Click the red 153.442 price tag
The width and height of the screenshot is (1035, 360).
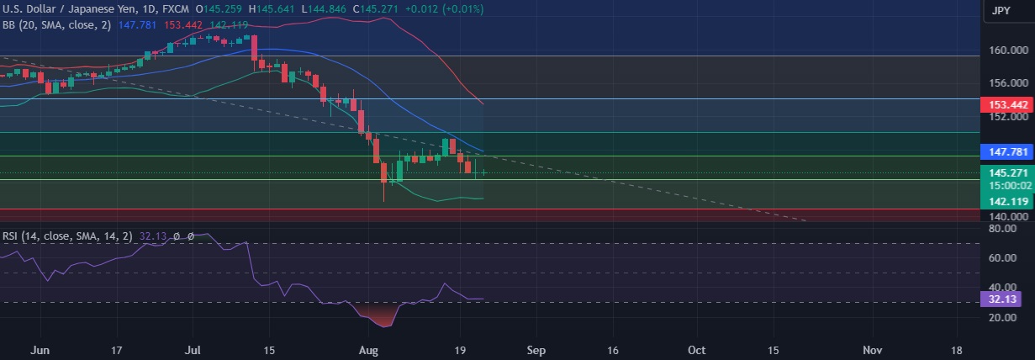point(1006,104)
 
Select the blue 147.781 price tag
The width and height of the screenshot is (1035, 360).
point(1006,152)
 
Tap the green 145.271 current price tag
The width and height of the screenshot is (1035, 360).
point(1006,172)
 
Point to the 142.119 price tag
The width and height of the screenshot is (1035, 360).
point(1006,201)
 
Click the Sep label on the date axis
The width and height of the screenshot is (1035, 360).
point(536,348)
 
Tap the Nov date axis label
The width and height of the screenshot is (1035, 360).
point(873,348)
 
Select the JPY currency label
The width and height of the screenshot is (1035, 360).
point(1001,11)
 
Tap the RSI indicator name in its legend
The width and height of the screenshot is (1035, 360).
point(11,236)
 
